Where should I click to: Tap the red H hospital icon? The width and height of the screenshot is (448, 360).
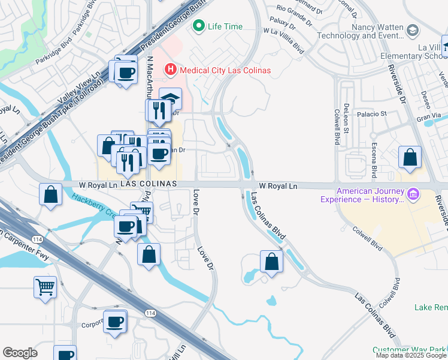(x=171, y=70)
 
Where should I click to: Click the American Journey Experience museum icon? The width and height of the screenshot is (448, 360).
(x=412, y=194)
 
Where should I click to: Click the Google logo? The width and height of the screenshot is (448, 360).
(x=20, y=353)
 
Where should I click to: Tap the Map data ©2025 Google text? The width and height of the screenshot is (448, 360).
(x=410, y=355)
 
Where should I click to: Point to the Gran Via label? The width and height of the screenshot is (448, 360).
(x=429, y=120)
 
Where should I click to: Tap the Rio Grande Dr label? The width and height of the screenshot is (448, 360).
(x=295, y=9)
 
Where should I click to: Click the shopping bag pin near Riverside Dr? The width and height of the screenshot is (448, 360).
(x=410, y=158)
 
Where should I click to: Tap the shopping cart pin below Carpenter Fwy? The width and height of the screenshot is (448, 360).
(x=46, y=287)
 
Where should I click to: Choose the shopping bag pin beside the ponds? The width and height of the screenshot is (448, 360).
(x=271, y=261)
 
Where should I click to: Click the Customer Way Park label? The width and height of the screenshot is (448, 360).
(x=410, y=350)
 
